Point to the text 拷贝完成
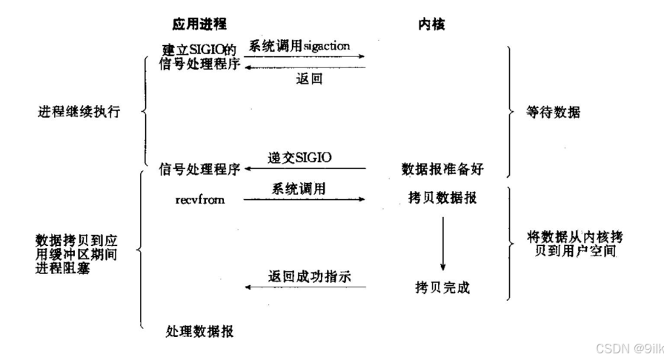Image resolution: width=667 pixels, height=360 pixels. (x=442, y=287)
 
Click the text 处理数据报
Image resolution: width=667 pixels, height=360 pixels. (x=199, y=330)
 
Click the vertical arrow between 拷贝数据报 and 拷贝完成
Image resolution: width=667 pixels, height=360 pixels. (x=442, y=243)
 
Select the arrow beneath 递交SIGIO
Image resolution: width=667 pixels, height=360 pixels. (x=305, y=169)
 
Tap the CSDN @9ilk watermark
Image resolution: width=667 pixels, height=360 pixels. (x=620, y=346)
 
